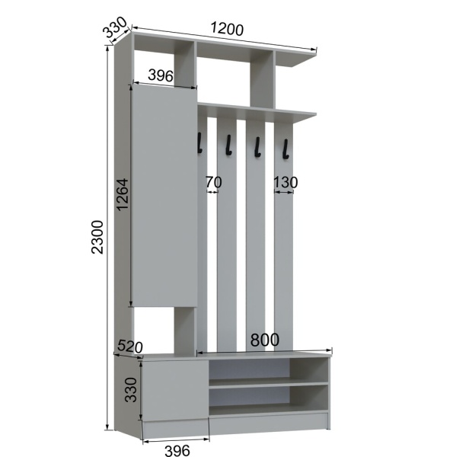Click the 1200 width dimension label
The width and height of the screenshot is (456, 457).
click(x=227, y=29)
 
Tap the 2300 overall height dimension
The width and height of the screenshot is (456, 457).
click(x=97, y=237)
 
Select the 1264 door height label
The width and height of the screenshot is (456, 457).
click(x=123, y=194)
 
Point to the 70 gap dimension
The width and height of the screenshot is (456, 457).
click(x=214, y=182)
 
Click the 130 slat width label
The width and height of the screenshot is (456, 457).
click(x=285, y=183)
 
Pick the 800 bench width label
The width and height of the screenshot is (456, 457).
click(x=265, y=340)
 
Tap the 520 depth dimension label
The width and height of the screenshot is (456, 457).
click(x=130, y=347)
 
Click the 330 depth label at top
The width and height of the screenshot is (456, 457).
click(x=116, y=27)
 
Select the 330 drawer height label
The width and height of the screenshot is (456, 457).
click(x=131, y=390)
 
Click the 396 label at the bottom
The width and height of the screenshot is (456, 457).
click(x=177, y=450)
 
